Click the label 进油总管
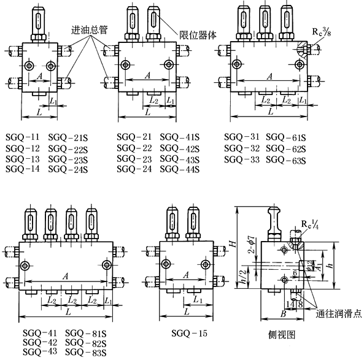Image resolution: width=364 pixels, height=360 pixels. point(89,30)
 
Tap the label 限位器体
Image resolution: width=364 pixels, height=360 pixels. point(198,35)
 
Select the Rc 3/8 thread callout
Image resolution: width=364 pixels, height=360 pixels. point(321,31)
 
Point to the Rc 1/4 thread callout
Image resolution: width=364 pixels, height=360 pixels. point(310,224)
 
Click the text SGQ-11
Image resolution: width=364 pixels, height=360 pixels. point(23,137)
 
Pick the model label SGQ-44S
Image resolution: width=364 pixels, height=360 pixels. point(179,169)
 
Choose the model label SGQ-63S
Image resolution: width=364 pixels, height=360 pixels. point(286,160)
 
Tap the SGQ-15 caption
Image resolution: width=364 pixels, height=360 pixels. point(189,333)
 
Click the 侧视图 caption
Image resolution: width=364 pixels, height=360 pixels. point(282,334)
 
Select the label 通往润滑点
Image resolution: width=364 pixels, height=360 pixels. point(339,313)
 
